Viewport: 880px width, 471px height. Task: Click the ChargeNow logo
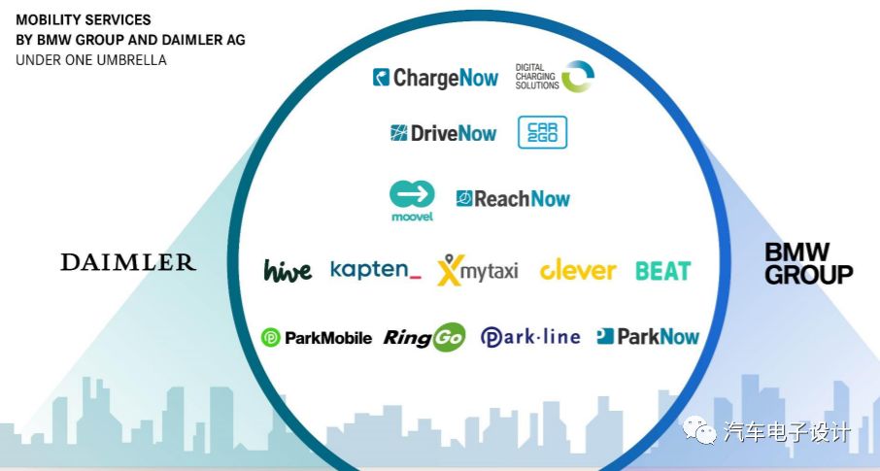tap(435, 78)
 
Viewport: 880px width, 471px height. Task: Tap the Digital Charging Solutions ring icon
tap(578, 77)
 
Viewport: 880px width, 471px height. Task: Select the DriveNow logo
tap(443, 134)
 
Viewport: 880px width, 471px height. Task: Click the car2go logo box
tap(542, 133)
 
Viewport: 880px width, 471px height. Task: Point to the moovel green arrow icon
tap(413, 192)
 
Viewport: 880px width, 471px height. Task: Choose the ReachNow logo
tap(513, 199)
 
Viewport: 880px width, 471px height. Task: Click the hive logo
tap(288, 270)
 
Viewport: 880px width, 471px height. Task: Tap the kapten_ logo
tap(376, 269)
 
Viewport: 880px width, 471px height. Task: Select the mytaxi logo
tap(478, 269)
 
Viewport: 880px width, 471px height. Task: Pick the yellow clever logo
tap(578, 270)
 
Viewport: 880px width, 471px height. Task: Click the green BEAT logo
tap(662, 271)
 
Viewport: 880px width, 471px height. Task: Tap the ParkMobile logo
tap(317, 338)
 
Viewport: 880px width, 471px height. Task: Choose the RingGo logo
tap(424, 337)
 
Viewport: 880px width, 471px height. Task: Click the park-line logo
tap(530, 337)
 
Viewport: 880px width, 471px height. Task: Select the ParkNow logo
tap(648, 337)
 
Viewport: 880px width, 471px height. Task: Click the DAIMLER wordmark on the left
tap(127, 262)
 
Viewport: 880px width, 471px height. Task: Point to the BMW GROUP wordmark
tap(808, 263)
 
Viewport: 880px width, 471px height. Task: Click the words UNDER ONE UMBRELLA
tap(91, 60)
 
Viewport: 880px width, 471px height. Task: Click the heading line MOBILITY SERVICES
tap(83, 19)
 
